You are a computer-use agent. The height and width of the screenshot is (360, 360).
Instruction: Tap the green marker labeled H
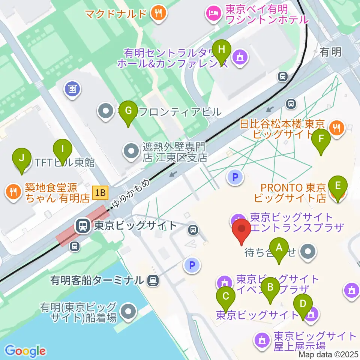pyautogui.click(x=222, y=49)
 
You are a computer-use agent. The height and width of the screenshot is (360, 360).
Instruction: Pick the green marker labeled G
pyautogui.click(x=128, y=111)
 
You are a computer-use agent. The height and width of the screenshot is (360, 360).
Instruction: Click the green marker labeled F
pyautogui.click(x=321, y=139)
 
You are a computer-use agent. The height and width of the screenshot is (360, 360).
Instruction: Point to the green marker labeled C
pyautogui.click(x=226, y=297)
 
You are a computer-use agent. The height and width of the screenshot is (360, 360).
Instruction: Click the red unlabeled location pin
pyautogui.click(x=242, y=230)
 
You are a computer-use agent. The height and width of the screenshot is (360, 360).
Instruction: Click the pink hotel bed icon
pyautogui.click(x=213, y=14)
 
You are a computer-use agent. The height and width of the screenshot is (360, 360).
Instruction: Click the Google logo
pyautogui.click(x=25, y=351)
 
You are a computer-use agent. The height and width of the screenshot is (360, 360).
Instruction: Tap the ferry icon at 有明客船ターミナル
pyautogui.click(x=153, y=280)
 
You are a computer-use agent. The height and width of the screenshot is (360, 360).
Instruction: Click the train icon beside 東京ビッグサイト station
pyautogui.click(x=82, y=226)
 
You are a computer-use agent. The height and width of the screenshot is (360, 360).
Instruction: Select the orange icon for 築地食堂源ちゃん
pyautogui.click(x=13, y=192)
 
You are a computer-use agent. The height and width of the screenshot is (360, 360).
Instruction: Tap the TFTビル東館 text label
pyautogui.click(x=64, y=163)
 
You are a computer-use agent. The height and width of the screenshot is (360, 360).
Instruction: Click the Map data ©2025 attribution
pyautogui.click(x=328, y=354)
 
